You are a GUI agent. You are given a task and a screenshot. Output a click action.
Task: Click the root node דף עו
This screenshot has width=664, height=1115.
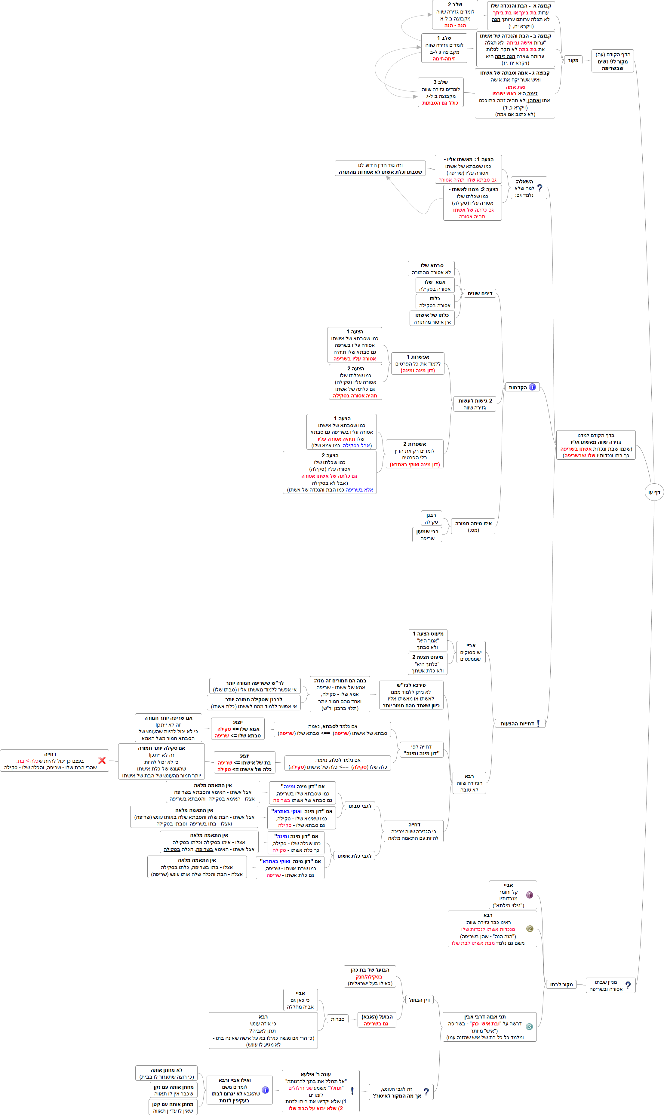click(654, 492)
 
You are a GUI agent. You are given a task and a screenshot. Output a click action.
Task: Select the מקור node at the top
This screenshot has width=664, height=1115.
click(573, 60)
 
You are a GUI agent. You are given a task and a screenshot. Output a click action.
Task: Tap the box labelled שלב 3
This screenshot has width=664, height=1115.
click(440, 92)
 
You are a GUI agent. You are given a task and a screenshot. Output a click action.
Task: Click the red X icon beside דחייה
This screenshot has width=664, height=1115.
click(102, 760)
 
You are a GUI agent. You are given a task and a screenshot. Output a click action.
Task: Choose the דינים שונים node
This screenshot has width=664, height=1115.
click(480, 293)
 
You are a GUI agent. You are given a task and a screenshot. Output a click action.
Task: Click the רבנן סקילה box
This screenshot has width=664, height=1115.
click(431, 518)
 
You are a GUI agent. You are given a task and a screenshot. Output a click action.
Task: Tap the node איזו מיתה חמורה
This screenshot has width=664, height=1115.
click(473, 526)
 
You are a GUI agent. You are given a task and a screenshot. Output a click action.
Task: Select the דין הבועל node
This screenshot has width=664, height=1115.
click(419, 1000)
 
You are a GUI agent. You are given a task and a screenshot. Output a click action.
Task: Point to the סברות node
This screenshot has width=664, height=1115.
click(337, 1019)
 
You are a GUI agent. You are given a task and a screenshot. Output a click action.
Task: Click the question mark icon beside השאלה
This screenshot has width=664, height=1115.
click(539, 188)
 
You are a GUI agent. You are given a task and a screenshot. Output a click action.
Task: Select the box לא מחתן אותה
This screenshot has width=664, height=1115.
click(166, 1073)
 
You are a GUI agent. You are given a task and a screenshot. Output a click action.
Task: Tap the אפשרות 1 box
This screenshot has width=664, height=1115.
click(417, 363)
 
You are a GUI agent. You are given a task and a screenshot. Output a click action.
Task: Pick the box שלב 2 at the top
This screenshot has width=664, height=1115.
click(455, 15)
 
